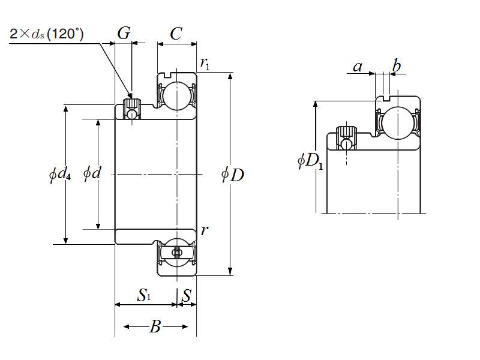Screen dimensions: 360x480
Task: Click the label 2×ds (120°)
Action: pos(47,34)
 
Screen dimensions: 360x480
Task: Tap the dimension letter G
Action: pos(124,34)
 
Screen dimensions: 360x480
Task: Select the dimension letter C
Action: pos(176,34)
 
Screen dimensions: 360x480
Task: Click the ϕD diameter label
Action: pos(233,175)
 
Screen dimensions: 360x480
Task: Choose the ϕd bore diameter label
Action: pos(92,174)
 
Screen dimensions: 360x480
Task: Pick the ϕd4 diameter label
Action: pos(60,176)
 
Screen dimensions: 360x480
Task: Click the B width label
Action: pos(155,327)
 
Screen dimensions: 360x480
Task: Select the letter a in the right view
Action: pos(358,67)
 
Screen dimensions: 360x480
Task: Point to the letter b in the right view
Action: pos(397,65)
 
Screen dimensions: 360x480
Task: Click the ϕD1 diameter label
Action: pos(311,161)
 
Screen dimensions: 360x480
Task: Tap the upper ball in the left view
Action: pos(176,95)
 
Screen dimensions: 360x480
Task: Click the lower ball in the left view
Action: pos(176,253)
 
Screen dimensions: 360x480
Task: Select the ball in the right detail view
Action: pos(397,122)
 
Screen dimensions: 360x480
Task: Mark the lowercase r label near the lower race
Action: pos(205,230)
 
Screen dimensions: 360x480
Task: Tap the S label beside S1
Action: pos(187,295)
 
